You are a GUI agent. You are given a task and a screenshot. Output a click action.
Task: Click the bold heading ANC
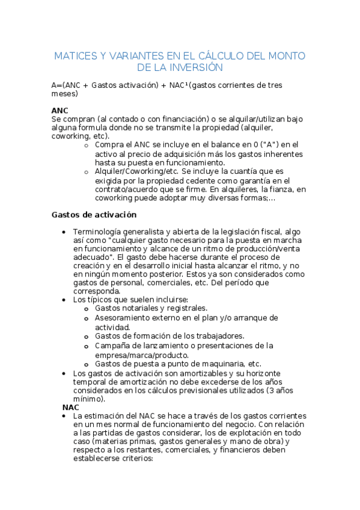pyautogui.click(x=60, y=111)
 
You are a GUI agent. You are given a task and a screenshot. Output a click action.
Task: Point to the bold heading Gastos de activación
pyautogui.click(x=94, y=214)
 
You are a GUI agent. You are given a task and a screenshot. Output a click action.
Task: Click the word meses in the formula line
pyautogui.click(x=65, y=94)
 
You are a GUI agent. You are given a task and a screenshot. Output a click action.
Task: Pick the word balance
pyautogui.click(x=205, y=145)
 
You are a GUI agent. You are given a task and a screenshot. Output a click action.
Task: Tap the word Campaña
pyautogui.click(x=113, y=345)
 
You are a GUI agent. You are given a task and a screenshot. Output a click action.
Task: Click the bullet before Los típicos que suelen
pyautogui.click(x=64, y=300)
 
